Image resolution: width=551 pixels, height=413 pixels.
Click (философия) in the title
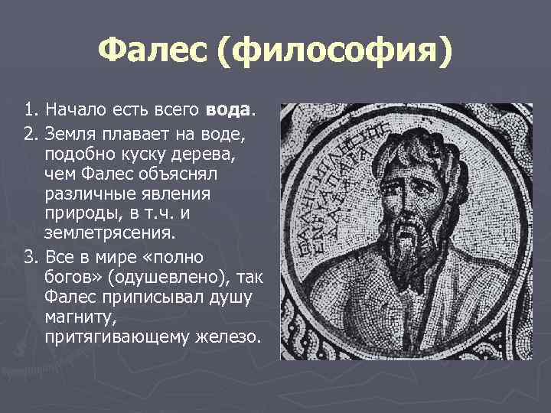pos(334,53)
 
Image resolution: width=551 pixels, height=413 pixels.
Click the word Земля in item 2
pos(70,135)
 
